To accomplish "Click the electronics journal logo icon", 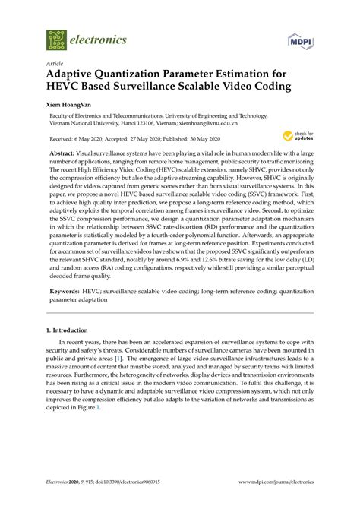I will (x=56, y=38).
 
